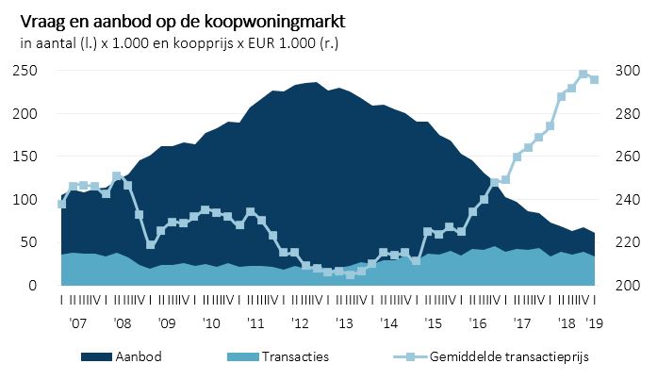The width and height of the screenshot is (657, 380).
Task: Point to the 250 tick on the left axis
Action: pyautogui.click(x=26, y=71)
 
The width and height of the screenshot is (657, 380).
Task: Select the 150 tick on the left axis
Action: pyautogui.click(x=26, y=157)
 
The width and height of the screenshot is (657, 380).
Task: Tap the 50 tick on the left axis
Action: pyautogui.click(x=30, y=242)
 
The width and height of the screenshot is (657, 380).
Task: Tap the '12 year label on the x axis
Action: pyautogui.click(x=301, y=322)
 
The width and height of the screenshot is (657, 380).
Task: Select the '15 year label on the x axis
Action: pyautogui.click(x=435, y=322)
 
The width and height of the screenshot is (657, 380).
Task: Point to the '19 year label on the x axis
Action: pyautogui.click(x=595, y=322)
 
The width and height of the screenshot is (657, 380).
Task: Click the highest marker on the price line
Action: pyautogui.click(x=583, y=74)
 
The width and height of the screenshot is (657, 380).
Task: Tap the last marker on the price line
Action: pyautogui.click(x=595, y=80)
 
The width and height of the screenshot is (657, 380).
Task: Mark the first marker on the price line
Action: pyautogui.click(x=61, y=204)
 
